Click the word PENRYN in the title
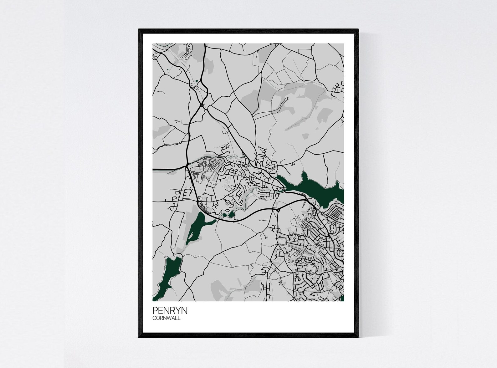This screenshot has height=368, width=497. coord(170,310)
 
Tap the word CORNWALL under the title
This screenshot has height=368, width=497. coord(167,318)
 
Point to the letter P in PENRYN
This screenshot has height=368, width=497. coord(155,310)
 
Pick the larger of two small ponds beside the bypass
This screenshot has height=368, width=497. coord(231,214)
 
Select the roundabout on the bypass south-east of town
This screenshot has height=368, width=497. coord(278,210)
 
